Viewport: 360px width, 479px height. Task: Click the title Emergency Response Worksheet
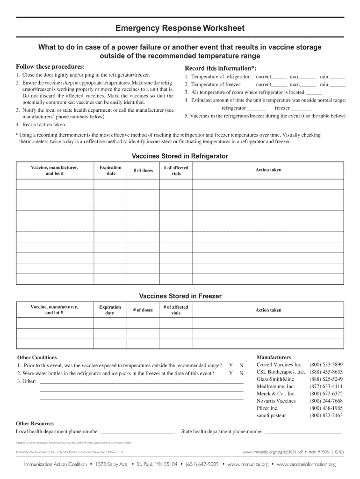tap(180, 29)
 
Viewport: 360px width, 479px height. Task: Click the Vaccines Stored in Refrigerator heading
tap(180, 156)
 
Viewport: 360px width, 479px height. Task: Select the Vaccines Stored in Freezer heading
tap(180, 296)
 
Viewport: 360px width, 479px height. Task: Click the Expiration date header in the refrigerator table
tap(111, 170)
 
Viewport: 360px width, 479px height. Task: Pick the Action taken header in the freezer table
tap(268, 310)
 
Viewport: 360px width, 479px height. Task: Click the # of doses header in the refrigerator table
tap(143, 170)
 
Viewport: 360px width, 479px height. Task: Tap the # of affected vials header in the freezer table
tap(176, 310)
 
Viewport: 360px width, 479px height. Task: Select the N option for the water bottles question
tap(241, 373)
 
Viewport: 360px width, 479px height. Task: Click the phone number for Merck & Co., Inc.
tap(326, 394)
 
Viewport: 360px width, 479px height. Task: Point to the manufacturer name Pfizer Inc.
tap(267, 408)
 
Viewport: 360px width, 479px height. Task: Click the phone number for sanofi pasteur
tap(326, 415)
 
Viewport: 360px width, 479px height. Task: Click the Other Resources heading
tap(35, 423)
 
